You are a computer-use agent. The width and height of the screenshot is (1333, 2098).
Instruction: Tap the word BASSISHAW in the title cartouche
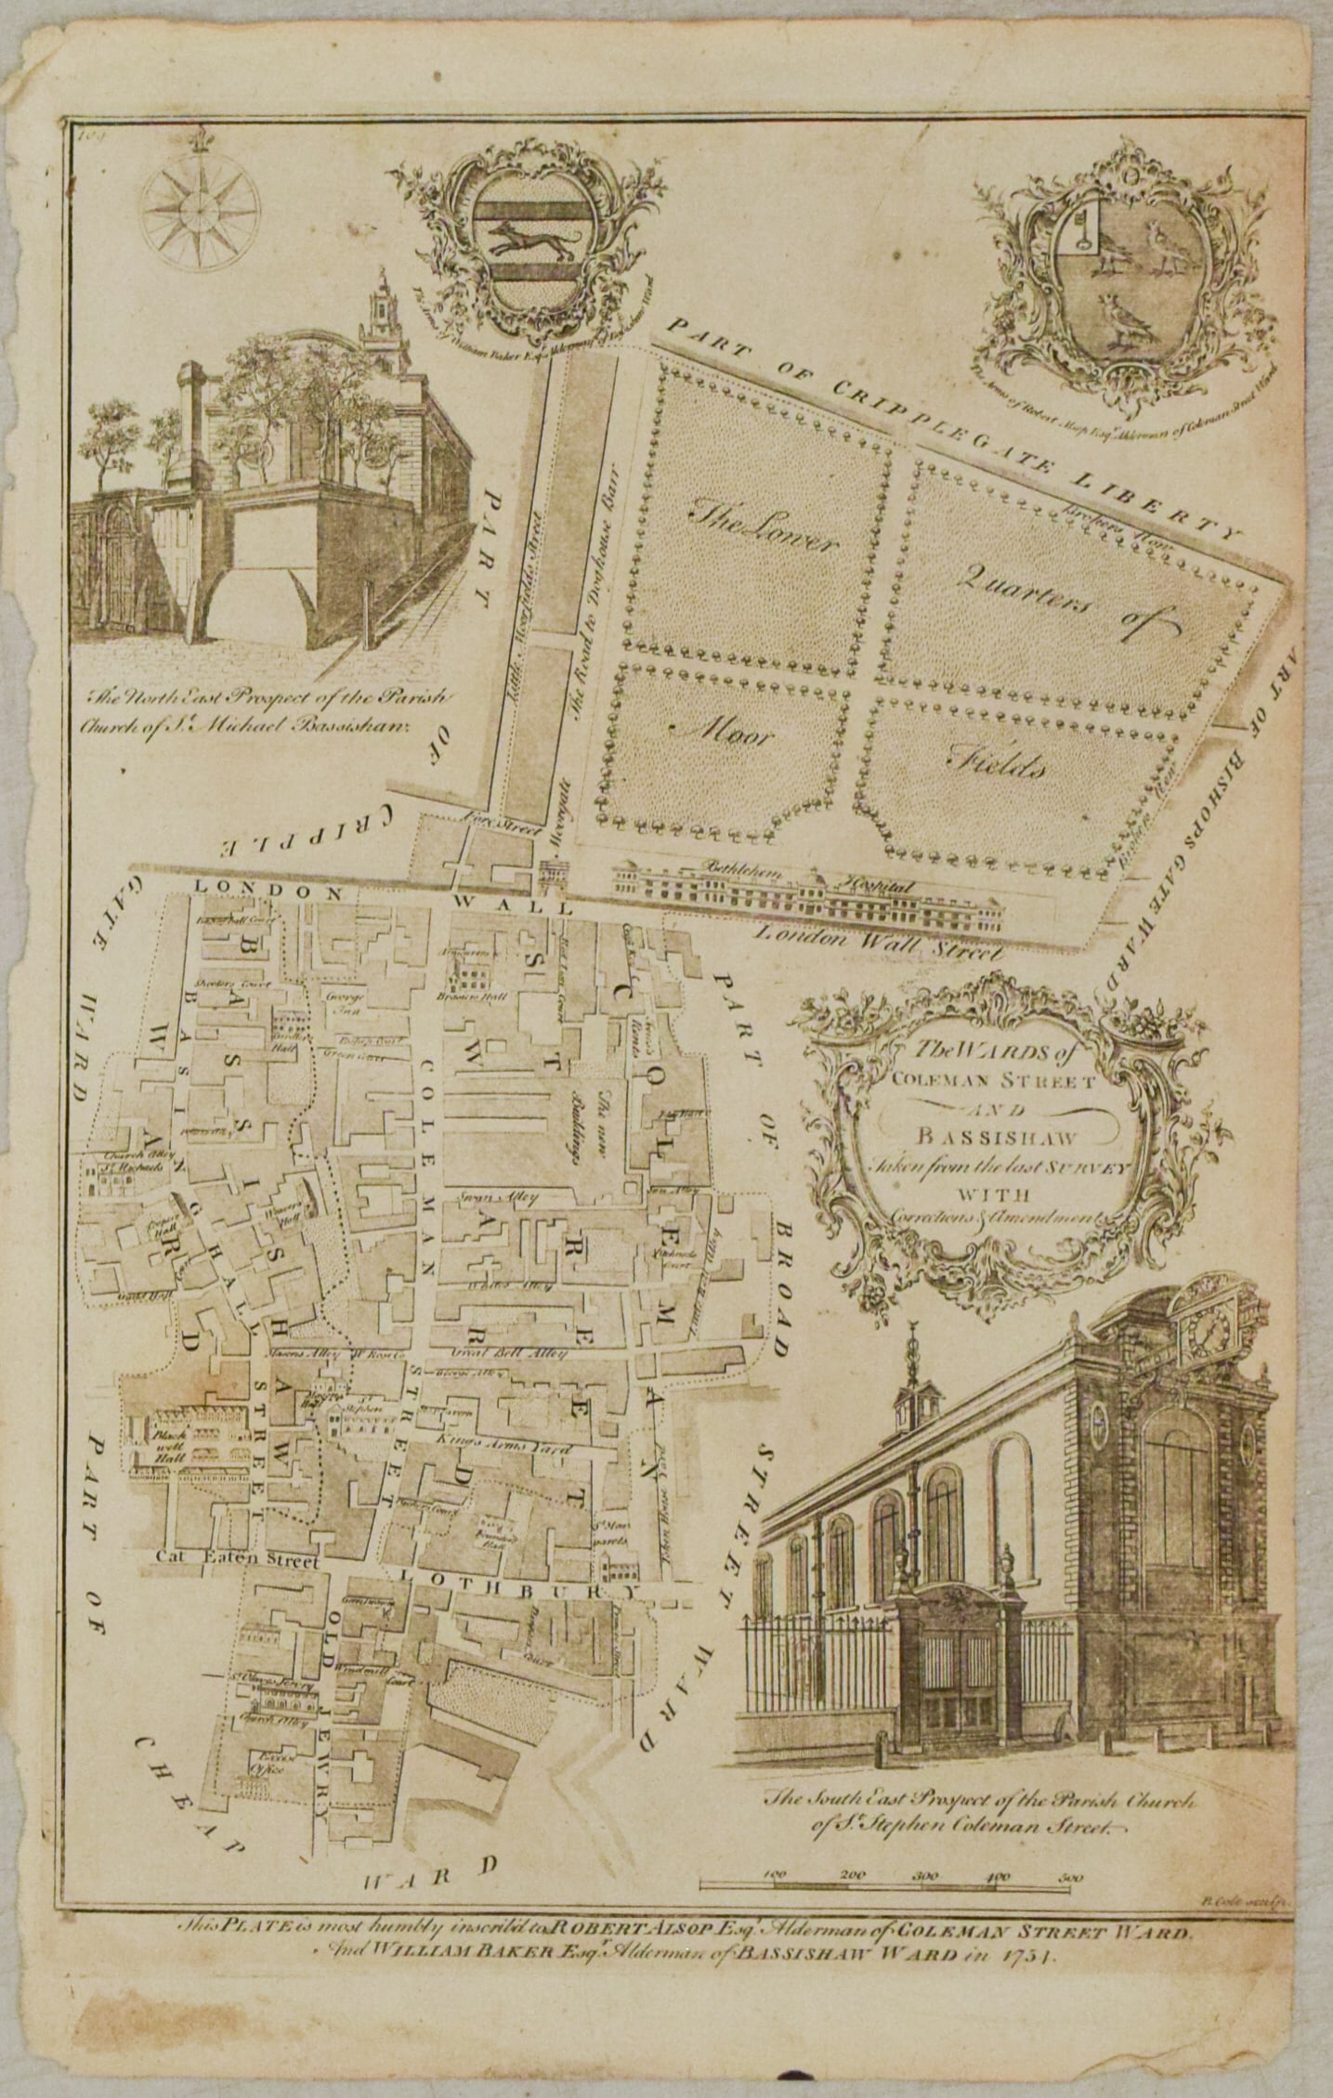pos(997,1134)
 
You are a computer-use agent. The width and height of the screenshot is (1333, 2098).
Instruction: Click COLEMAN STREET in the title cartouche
pos(997,1083)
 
